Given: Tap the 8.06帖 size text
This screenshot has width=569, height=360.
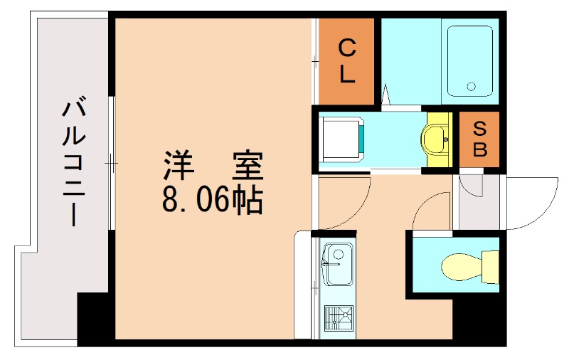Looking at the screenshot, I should pyautogui.click(x=213, y=201).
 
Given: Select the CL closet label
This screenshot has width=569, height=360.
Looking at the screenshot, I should pyautogui.click(x=346, y=61).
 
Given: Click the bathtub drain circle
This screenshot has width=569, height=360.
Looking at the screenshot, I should pyautogui.click(x=471, y=87).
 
